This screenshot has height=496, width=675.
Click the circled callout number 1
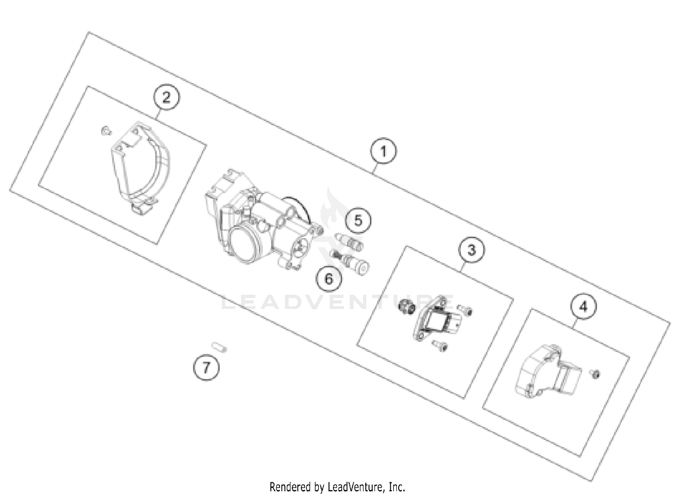click(383, 151)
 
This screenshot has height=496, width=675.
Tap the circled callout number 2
click(166, 97)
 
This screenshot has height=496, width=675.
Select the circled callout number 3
click(472, 249)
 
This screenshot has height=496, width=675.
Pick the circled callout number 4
click(583, 307)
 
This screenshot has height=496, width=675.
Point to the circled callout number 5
click(358, 220)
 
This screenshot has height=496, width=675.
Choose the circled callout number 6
click(329, 278)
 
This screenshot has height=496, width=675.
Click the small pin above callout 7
click(219, 347)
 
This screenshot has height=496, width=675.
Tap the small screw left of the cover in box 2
click(105, 130)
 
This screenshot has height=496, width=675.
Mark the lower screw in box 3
click(440, 345)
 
